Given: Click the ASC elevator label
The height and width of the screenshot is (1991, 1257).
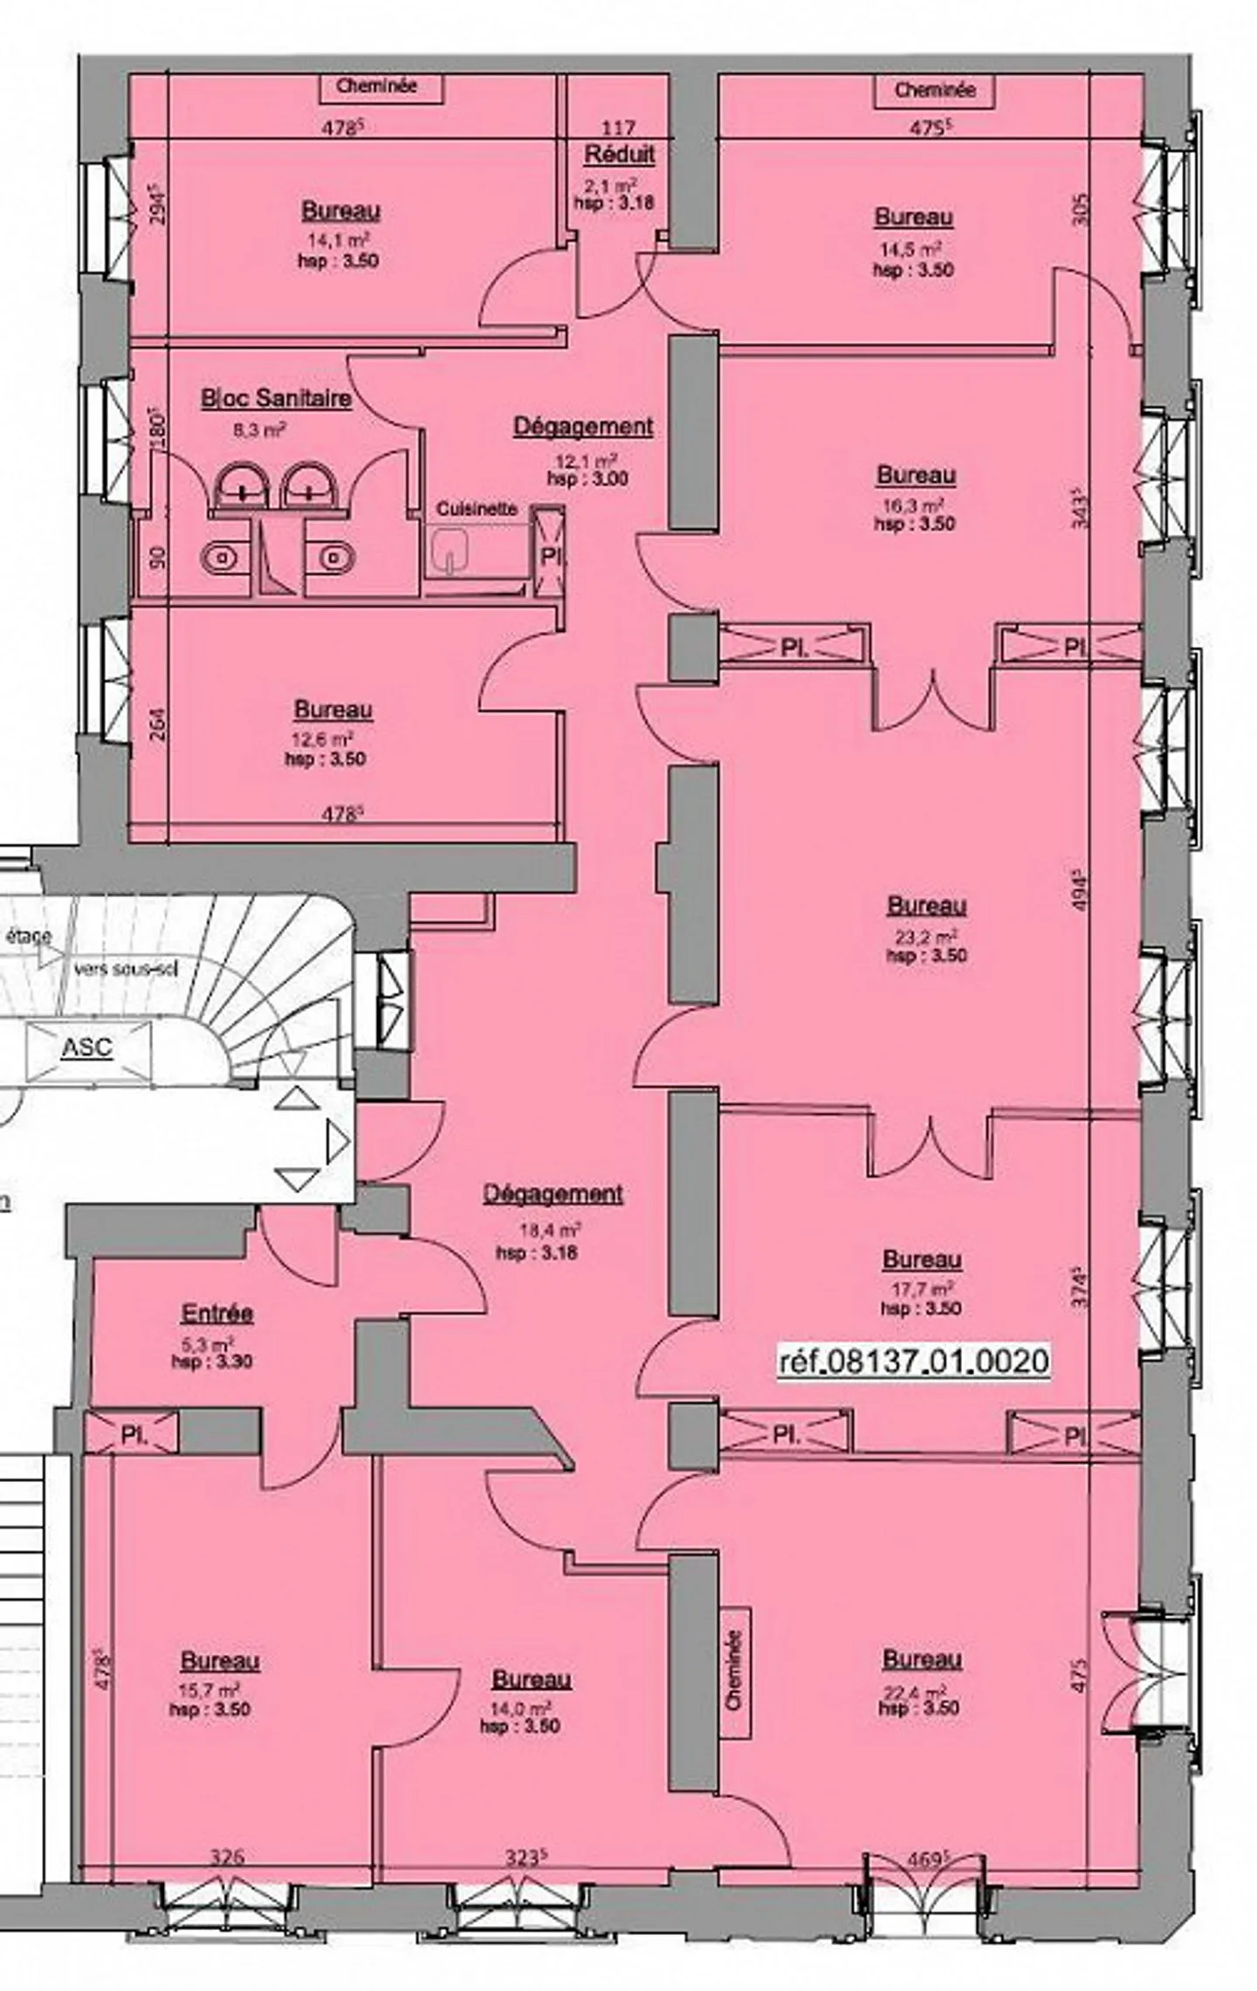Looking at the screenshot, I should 87,1047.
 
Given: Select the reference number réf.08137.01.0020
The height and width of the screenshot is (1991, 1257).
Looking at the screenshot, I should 913,1361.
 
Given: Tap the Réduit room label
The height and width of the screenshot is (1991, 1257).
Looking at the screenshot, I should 619,155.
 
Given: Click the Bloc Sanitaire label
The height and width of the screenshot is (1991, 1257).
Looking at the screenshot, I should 276,399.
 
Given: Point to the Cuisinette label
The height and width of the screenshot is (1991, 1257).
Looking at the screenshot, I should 477,508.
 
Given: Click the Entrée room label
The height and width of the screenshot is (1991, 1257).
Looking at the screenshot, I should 217,1314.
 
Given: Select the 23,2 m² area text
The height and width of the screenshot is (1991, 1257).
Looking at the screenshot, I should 925,936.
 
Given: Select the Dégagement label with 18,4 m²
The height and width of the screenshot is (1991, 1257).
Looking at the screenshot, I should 553,1194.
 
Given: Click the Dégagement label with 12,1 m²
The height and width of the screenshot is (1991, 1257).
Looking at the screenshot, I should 582,427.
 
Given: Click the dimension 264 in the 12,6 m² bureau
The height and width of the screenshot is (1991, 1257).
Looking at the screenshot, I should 158,724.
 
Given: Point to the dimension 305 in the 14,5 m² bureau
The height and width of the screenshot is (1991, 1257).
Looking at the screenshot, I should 1080,209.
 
